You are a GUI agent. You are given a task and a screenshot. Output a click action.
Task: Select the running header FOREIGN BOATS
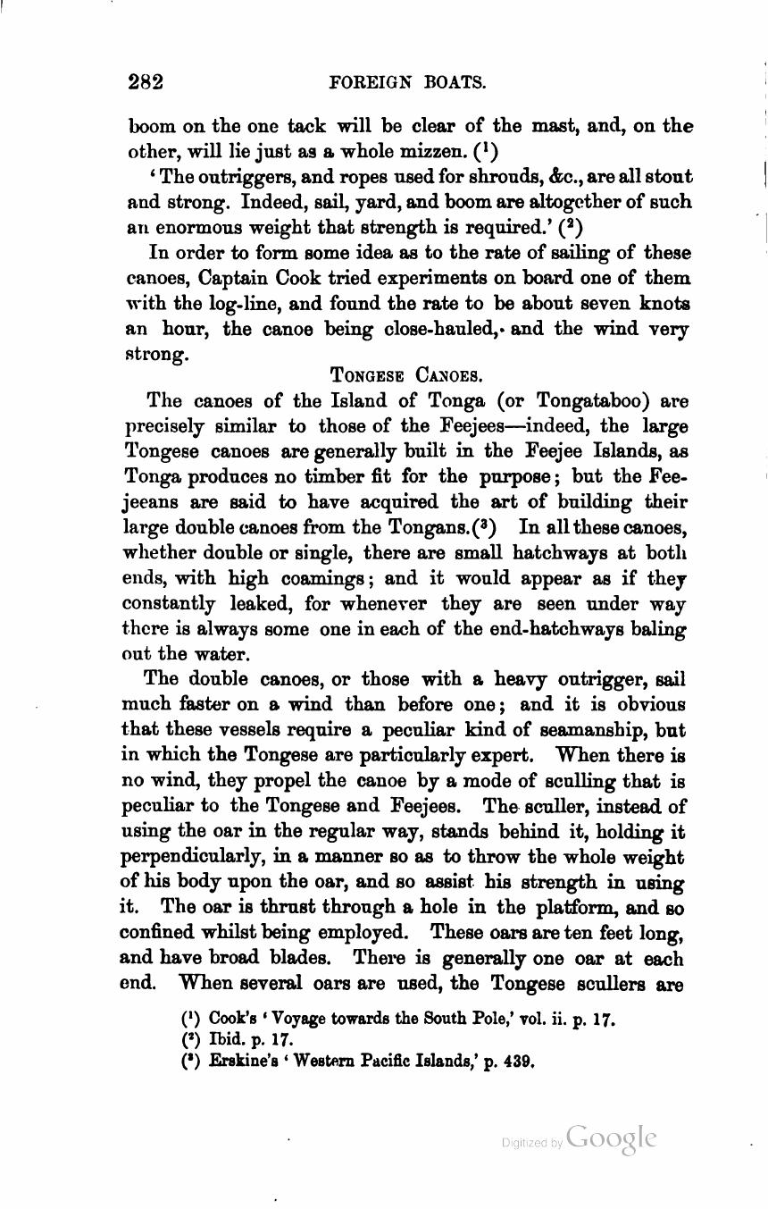tap(408, 84)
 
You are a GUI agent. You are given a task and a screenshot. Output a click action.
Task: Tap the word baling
tap(656, 629)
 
